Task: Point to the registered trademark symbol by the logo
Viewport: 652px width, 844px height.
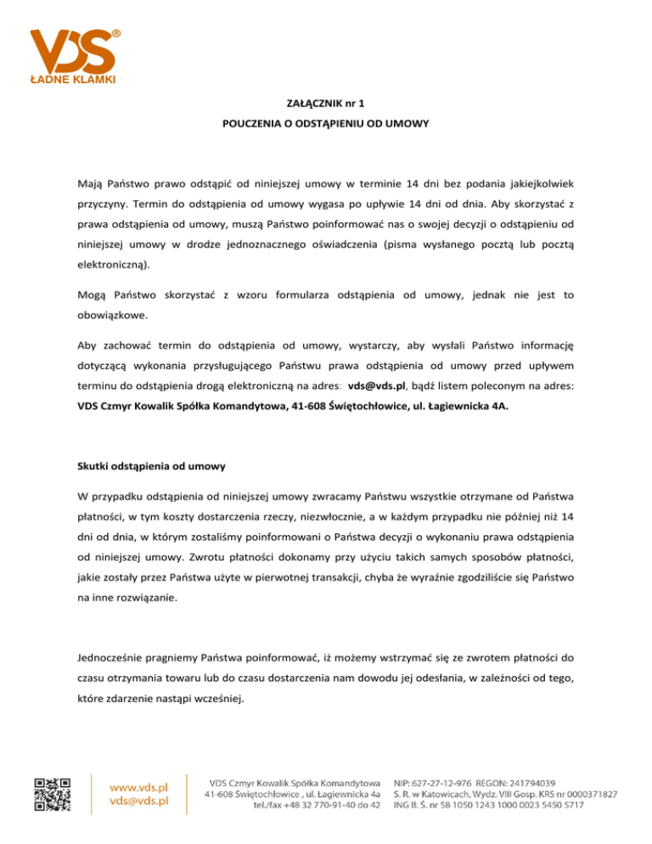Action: click(x=115, y=33)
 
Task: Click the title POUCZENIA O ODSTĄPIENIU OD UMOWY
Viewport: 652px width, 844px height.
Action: click(x=325, y=123)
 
